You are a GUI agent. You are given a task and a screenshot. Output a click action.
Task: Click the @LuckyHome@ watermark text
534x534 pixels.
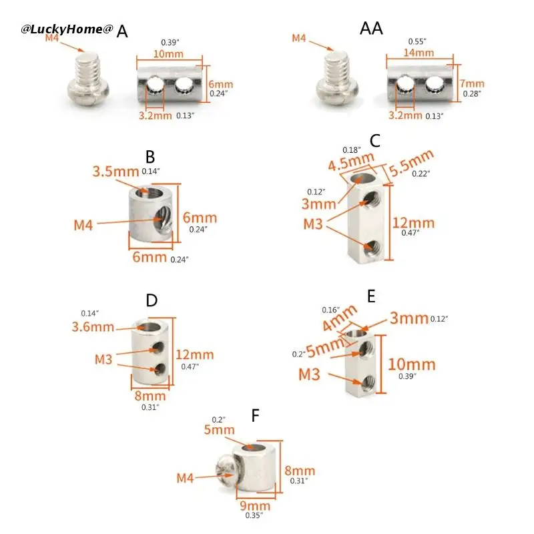(67, 29)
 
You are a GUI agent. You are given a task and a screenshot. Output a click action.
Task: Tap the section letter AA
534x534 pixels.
(371, 28)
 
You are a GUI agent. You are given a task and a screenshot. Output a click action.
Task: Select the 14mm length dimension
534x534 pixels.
(419, 53)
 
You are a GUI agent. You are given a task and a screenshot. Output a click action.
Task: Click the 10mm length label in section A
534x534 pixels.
(168, 54)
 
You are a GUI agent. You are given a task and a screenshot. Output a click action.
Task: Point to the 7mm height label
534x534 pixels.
(472, 83)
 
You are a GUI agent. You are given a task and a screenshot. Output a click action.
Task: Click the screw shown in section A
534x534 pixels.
(88, 79)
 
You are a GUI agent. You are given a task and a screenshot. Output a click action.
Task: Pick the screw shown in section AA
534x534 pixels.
(337, 78)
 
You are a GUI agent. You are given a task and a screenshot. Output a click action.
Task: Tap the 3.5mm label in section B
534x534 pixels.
(115, 172)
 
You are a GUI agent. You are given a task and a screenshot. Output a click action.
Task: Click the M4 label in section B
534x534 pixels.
(83, 225)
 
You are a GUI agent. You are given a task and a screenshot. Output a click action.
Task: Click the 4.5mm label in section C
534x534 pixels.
(351, 162)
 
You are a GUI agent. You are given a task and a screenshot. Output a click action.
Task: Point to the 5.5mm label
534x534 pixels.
(411, 163)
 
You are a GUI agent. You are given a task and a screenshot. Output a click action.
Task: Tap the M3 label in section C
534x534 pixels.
(313, 224)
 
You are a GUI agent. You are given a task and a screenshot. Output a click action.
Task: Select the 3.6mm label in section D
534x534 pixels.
(93, 327)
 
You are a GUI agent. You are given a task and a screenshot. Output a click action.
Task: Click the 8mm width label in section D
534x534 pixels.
(150, 396)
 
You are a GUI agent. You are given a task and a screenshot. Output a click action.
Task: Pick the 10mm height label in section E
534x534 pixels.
(412, 364)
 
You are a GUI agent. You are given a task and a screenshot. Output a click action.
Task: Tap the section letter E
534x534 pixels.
(372, 296)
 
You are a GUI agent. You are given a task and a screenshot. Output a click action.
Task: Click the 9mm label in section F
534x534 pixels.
(255, 505)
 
